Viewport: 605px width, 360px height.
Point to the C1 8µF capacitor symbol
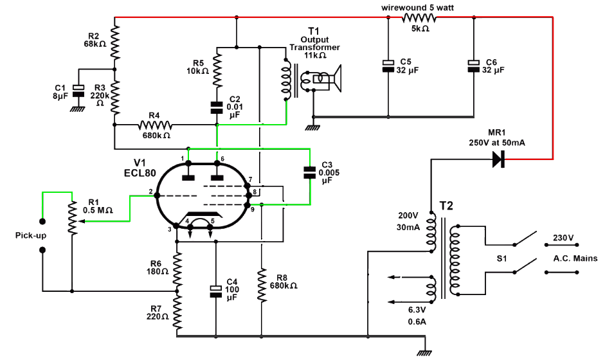[x=78, y=91]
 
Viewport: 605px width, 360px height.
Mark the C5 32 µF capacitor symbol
[x=388, y=66]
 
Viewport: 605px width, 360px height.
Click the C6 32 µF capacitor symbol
[x=473, y=66]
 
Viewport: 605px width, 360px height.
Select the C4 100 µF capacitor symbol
[x=216, y=291]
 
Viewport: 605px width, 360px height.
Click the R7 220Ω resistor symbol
[x=177, y=312]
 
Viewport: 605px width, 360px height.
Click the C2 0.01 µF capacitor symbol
[x=217, y=107]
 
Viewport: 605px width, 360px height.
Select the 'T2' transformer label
[x=447, y=206]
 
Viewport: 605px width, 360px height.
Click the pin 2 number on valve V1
[x=150, y=192]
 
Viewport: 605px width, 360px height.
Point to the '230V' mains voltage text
[x=563, y=238]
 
